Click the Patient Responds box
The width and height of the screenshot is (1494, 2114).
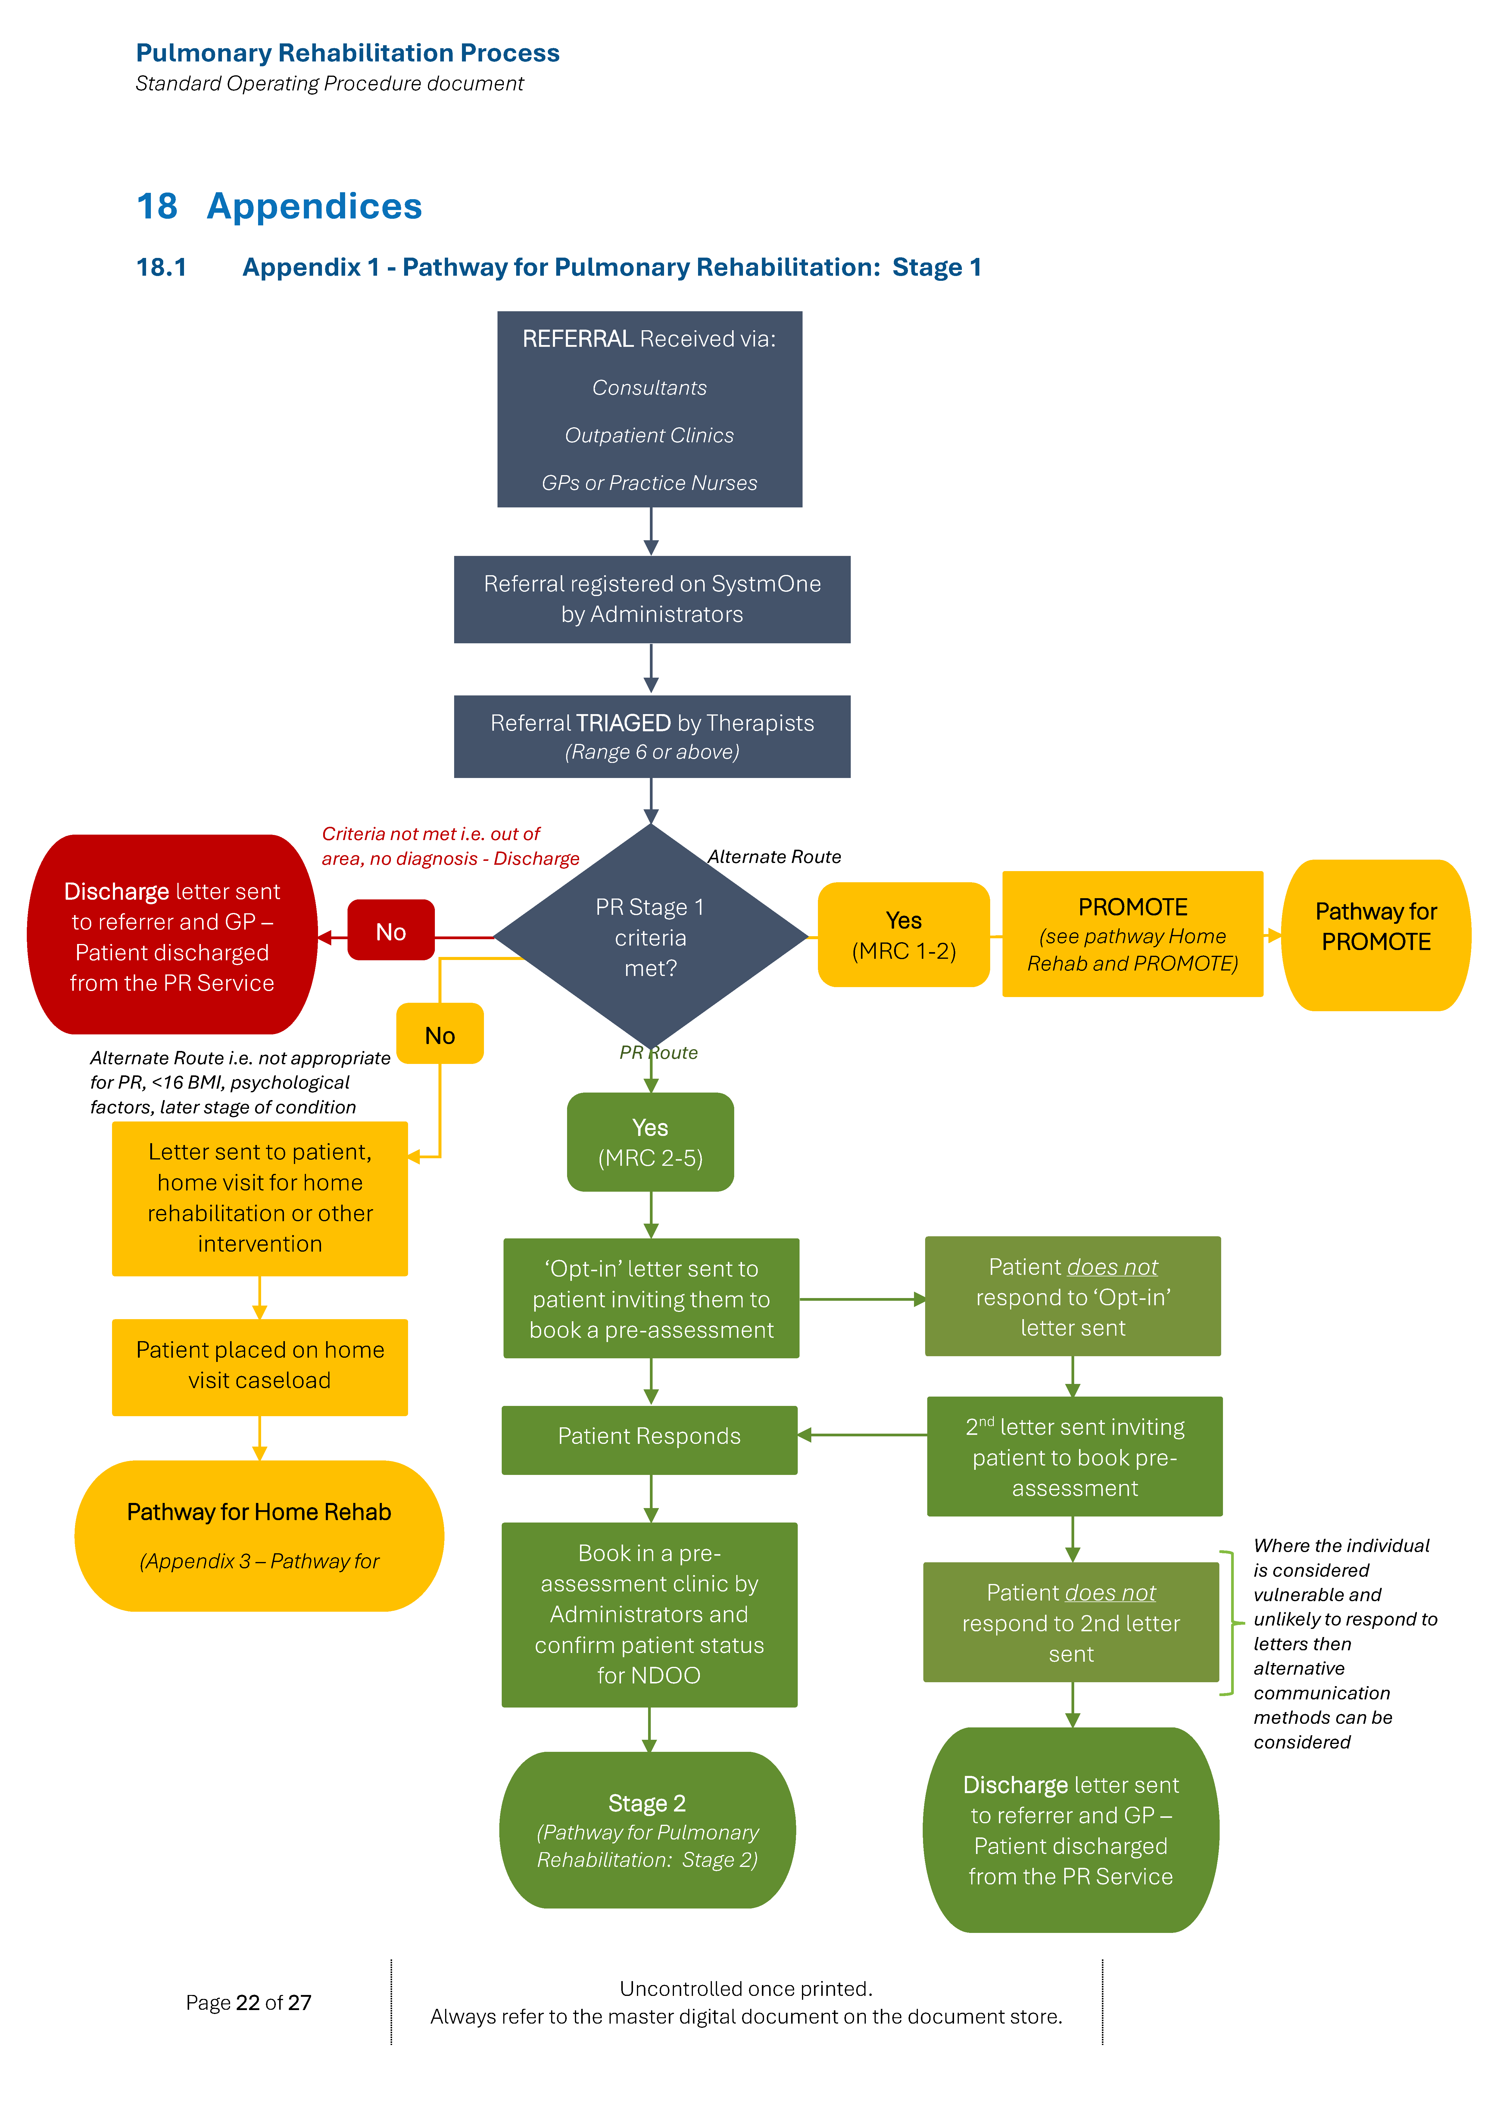click(x=649, y=1437)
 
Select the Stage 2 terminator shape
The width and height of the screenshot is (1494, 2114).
click(x=647, y=1830)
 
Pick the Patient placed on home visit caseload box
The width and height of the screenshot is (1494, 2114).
click(x=260, y=1366)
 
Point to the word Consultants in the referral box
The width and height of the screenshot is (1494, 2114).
click(x=649, y=387)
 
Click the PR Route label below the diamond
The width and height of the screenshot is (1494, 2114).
click(x=658, y=1052)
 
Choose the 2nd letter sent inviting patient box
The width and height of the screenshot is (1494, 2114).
click(x=1074, y=1457)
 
